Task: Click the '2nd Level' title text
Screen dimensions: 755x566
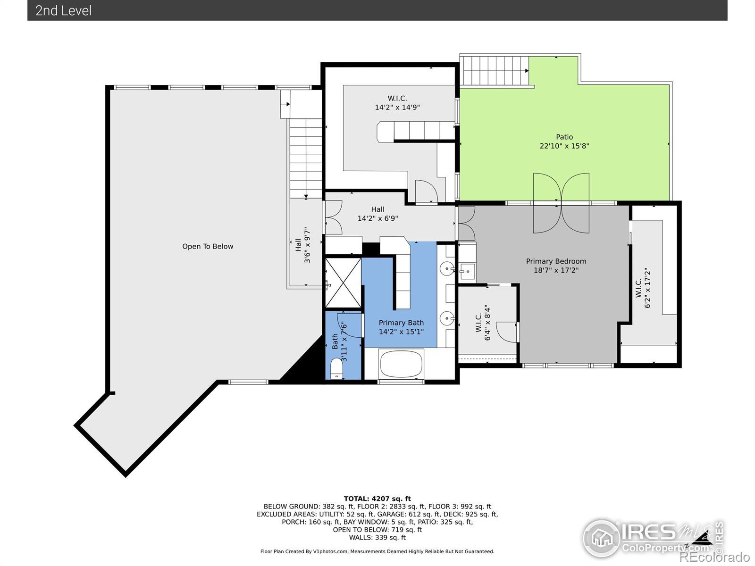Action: click(x=63, y=11)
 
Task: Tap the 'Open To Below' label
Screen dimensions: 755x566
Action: click(x=208, y=246)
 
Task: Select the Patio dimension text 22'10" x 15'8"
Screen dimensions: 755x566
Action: click(x=564, y=146)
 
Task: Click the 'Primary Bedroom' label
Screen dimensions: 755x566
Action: click(x=556, y=261)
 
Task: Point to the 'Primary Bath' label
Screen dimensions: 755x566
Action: click(x=401, y=323)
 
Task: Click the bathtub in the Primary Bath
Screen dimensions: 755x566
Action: click(x=401, y=364)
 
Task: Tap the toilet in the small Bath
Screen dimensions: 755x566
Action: click(x=336, y=368)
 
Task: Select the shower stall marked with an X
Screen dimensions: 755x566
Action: click(x=343, y=283)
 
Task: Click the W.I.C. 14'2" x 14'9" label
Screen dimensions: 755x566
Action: click(x=397, y=103)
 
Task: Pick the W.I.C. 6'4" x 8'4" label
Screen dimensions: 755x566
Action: click(x=483, y=322)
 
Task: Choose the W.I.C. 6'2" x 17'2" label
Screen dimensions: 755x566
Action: click(x=643, y=288)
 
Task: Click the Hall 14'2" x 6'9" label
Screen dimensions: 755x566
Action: click(x=377, y=214)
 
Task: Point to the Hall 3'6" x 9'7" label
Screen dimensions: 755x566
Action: click(x=302, y=245)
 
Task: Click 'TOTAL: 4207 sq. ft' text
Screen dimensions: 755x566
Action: click(x=377, y=499)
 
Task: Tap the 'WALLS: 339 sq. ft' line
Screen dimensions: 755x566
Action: click(x=377, y=538)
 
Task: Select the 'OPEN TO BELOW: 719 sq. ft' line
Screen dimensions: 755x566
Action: click(x=377, y=530)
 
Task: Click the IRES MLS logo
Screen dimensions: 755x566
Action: click(x=653, y=538)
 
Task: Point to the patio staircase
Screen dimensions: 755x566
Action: click(x=494, y=70)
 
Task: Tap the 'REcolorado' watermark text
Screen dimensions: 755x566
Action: click(x=714, y=557)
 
